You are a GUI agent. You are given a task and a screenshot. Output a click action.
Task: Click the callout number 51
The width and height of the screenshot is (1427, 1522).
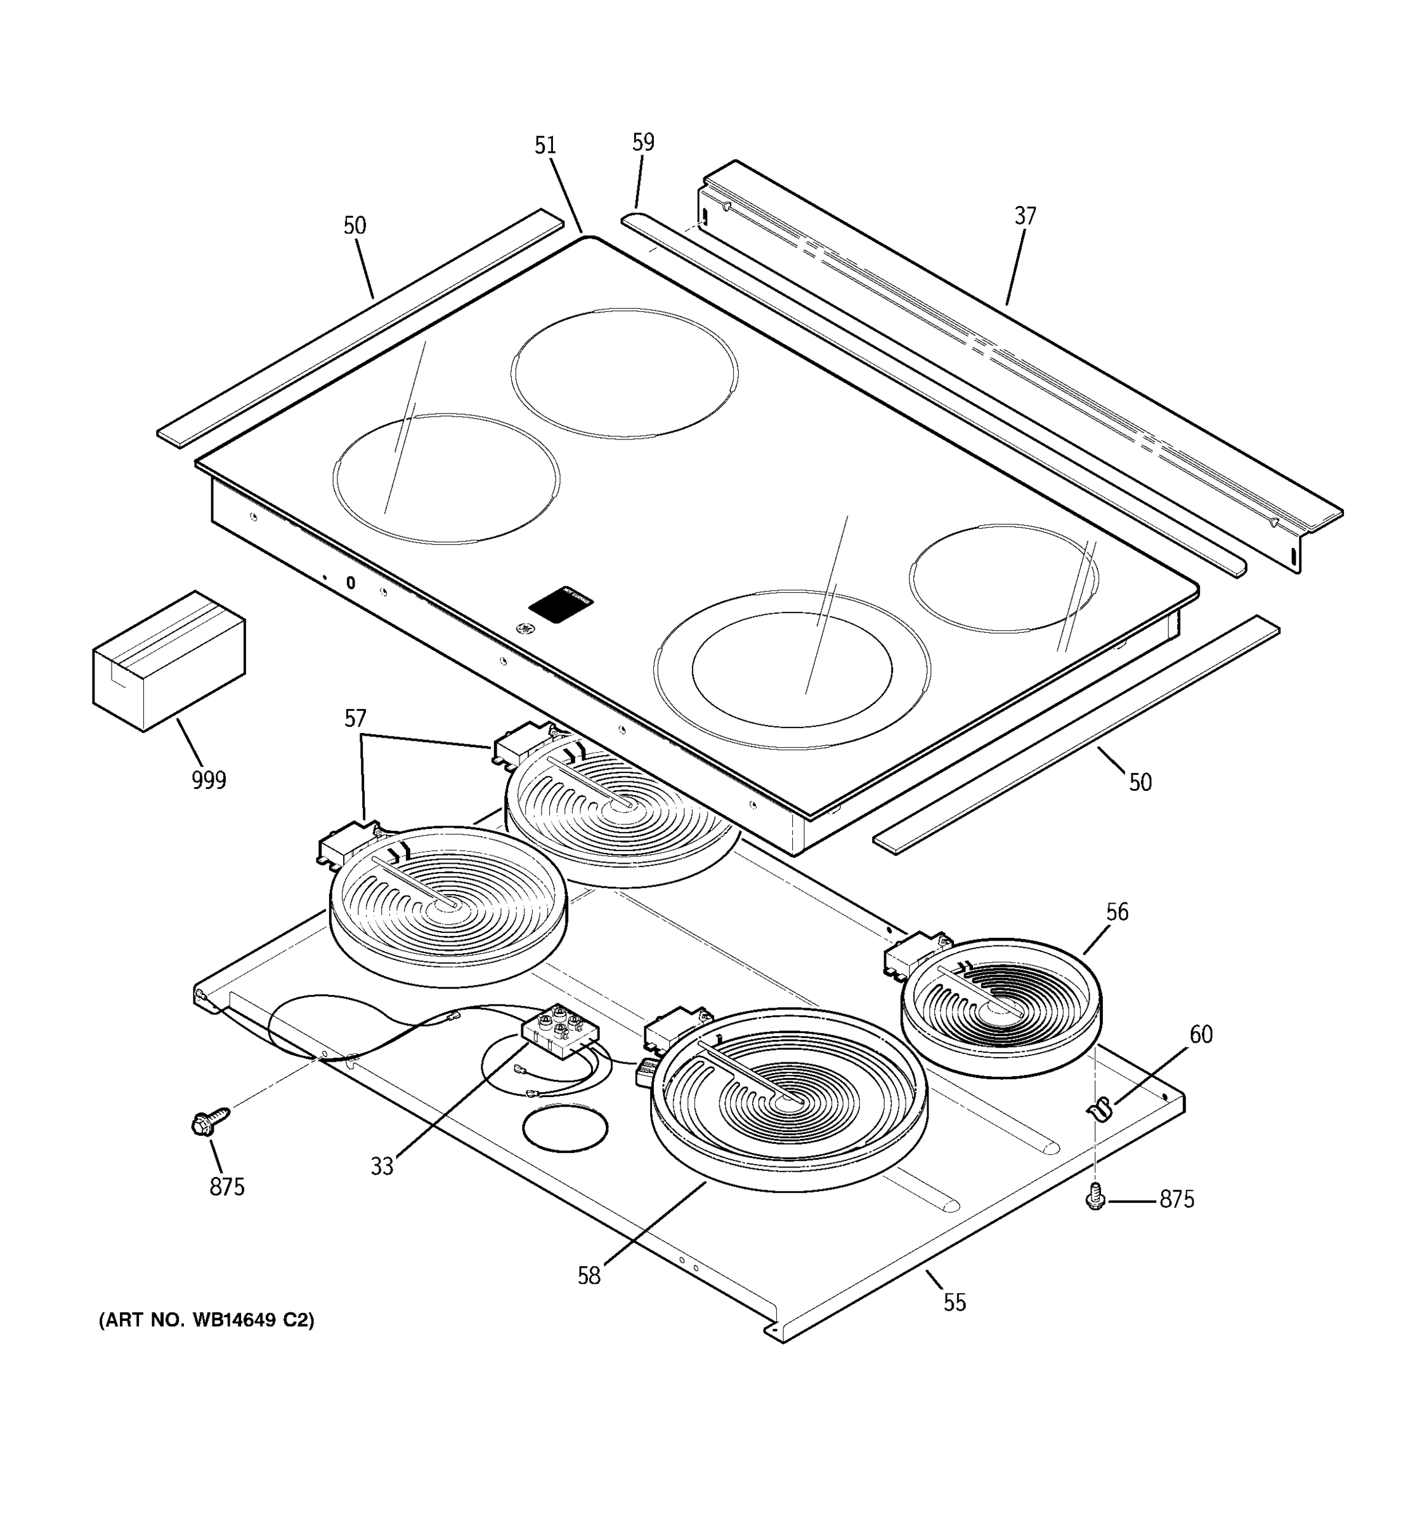click(545, 145)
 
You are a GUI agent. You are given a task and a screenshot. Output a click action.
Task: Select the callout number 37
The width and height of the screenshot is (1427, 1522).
click(1025, 217)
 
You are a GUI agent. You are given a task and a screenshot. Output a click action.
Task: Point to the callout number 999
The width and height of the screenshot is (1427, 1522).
click(208, 780)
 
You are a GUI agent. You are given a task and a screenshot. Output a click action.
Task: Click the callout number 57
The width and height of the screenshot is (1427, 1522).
click(355, 718)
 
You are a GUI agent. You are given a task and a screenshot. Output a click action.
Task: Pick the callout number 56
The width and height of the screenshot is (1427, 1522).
click(1117, 912)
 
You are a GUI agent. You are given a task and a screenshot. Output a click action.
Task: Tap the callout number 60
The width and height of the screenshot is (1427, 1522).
click(1201, 1035)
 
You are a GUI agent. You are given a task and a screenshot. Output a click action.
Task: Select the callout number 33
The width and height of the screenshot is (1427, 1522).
click(382, 1167)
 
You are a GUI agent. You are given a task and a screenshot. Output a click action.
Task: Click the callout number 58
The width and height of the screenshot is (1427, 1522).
click(589, 1276)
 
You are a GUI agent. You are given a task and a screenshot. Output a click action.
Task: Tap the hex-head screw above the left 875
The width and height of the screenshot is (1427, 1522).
click(208, 1122)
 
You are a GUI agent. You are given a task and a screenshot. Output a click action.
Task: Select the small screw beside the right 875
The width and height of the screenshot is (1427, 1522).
click(1095, 1197)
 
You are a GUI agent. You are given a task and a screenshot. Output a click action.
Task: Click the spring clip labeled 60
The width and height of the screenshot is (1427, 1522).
click(1099, 1108)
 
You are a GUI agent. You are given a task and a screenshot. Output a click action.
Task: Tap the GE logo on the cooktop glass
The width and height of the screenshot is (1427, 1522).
click(525, 629)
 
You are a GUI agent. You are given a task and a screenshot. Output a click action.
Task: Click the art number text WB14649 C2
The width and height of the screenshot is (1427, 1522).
click(207, 1320)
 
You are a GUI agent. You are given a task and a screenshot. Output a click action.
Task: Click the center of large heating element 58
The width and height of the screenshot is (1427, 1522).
click(788, 1100)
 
